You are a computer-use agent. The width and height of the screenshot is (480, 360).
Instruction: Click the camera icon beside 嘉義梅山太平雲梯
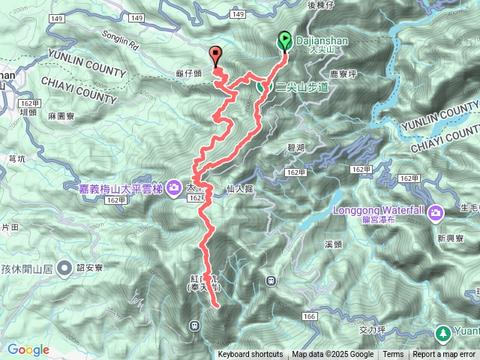pyautogui.click(x=174, y=185)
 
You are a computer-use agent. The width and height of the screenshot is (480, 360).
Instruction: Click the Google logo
pyautogui.click(x=28, y=349)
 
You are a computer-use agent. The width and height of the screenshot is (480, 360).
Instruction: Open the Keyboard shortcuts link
pyautogui.click(x=250, y=355)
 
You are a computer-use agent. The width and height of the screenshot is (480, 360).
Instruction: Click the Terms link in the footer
pyautogui.click(x=393, y=355)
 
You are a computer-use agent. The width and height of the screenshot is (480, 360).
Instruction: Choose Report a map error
pyautogui.click(x=445, y=355)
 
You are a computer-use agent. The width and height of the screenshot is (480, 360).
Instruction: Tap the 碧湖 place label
pyautogui.click(x=295, y=148)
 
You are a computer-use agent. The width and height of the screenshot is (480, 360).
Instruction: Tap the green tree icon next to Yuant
pyautogui.click(x=444, y=332)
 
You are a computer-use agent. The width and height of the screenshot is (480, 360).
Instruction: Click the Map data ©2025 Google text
pyautogui.click(x=332, y=355)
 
